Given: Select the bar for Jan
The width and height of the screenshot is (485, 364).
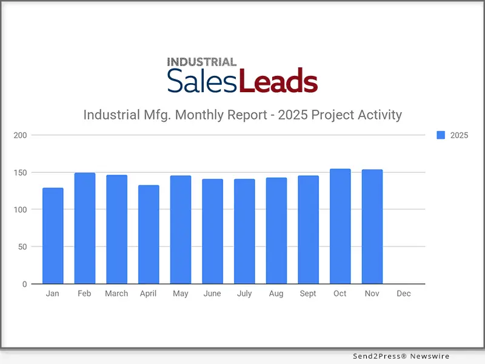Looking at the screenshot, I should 53,236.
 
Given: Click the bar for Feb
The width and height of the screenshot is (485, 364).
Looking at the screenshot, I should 85,229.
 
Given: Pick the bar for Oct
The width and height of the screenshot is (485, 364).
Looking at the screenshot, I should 340,226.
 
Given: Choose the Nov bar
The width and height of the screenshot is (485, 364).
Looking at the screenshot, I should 372,227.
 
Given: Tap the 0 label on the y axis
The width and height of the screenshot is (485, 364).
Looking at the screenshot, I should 24,284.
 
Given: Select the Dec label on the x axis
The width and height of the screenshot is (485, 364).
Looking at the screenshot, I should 403,294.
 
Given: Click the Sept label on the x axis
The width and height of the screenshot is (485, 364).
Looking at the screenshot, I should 308,294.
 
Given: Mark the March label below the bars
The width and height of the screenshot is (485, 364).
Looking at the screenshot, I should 116,294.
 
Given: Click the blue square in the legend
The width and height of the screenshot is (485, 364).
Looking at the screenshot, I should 441,135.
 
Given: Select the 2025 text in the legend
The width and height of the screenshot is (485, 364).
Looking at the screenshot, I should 459,135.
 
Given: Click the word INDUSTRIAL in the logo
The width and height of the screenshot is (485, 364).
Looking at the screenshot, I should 201,62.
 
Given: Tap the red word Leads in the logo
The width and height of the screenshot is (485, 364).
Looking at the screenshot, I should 278,81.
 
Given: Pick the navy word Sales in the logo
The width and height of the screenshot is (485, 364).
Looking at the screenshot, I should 202,81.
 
